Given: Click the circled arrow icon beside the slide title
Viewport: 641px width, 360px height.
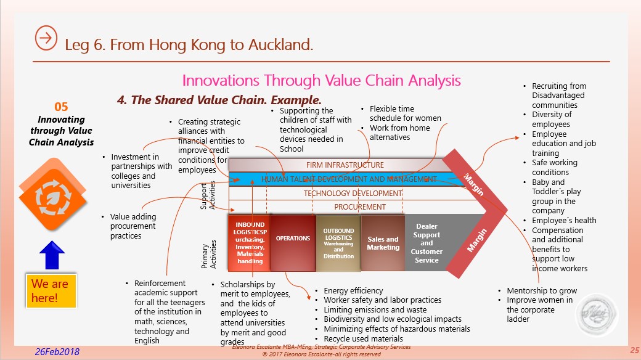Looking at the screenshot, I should [46, 38].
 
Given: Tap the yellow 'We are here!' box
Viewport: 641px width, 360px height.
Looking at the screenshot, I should [51, 290].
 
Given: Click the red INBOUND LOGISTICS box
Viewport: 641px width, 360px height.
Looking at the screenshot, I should [249, 243].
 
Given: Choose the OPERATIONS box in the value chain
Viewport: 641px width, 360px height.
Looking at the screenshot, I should [293, 239].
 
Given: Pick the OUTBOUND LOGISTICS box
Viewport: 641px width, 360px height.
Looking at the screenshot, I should [338, 243].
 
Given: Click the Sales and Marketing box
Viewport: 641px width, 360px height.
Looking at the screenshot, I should [383, 243].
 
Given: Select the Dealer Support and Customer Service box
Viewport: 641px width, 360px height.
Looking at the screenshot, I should [427, 243].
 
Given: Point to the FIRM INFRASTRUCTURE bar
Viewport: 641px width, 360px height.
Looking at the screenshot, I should [345, 165].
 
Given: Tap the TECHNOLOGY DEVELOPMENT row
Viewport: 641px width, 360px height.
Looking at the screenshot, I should [352, 193].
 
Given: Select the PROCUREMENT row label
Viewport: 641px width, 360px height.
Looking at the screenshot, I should [360, 207].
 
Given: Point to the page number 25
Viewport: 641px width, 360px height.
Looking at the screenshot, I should [634, 350].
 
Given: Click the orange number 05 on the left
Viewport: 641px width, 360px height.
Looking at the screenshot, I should [61, 107].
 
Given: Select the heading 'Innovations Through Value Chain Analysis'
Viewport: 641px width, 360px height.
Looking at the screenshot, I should [321, 80].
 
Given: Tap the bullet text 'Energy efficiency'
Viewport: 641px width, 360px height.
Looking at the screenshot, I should [353, 290].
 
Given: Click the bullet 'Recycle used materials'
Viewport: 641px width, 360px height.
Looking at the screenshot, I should [363, 338].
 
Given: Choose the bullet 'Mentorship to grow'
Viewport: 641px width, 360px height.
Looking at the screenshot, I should [542, 290].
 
